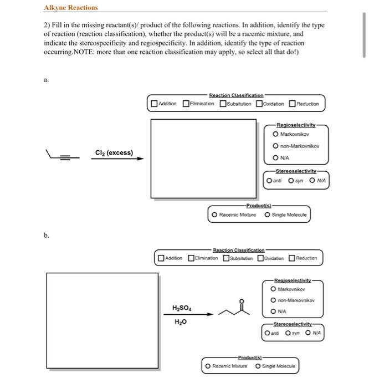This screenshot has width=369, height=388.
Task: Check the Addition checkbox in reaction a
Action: pos(154,104)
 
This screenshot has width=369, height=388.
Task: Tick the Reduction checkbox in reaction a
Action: pos(292,104)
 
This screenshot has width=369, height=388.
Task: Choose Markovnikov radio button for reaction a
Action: pos(276,134)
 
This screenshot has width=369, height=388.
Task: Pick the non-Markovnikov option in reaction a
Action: pos(276,146)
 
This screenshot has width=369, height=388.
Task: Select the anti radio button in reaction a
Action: pos(269,180)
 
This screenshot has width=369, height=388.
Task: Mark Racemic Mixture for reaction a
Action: pos(214,214)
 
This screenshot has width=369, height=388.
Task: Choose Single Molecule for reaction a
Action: pos(268,214)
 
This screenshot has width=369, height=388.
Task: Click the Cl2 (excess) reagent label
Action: pos(114,152)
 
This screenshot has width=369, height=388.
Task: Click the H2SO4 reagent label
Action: pos(183,308)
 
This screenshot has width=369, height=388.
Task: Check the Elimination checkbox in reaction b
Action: pos(192,258)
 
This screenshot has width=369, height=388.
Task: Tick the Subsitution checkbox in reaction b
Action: pos(227,258)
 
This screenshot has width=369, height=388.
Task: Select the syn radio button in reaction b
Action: pos(288,333)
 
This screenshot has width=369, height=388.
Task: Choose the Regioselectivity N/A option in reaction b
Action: pos(274,312)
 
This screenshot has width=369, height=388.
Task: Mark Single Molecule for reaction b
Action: pos(259,366)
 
